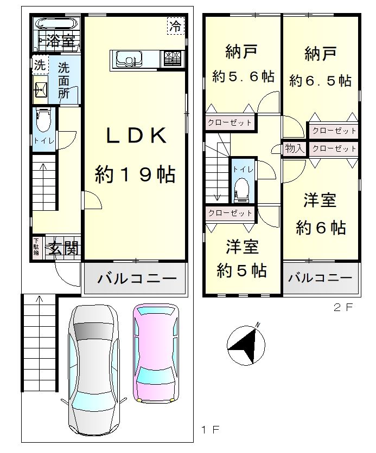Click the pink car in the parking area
(x=156, y=353)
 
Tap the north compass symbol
(x=246, y=344)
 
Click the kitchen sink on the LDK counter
(x=129, y=59)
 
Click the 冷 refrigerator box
(x=176, y=26)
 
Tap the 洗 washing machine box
(x=40, y=65)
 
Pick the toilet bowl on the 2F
(x=241, y=189)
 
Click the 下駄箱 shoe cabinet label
(x=36, y=246)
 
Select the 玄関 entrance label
(x=63, y=248)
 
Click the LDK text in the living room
(x=137, y=135)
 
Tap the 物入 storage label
(x=295, y=148)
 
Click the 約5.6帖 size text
(x=243, y=76)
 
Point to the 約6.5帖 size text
(x=320, y=80)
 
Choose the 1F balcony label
(x=137, y=279)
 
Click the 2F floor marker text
(x=343, y=307)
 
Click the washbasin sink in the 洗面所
(x=41, y=90)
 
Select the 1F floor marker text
(x=211, y=430)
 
